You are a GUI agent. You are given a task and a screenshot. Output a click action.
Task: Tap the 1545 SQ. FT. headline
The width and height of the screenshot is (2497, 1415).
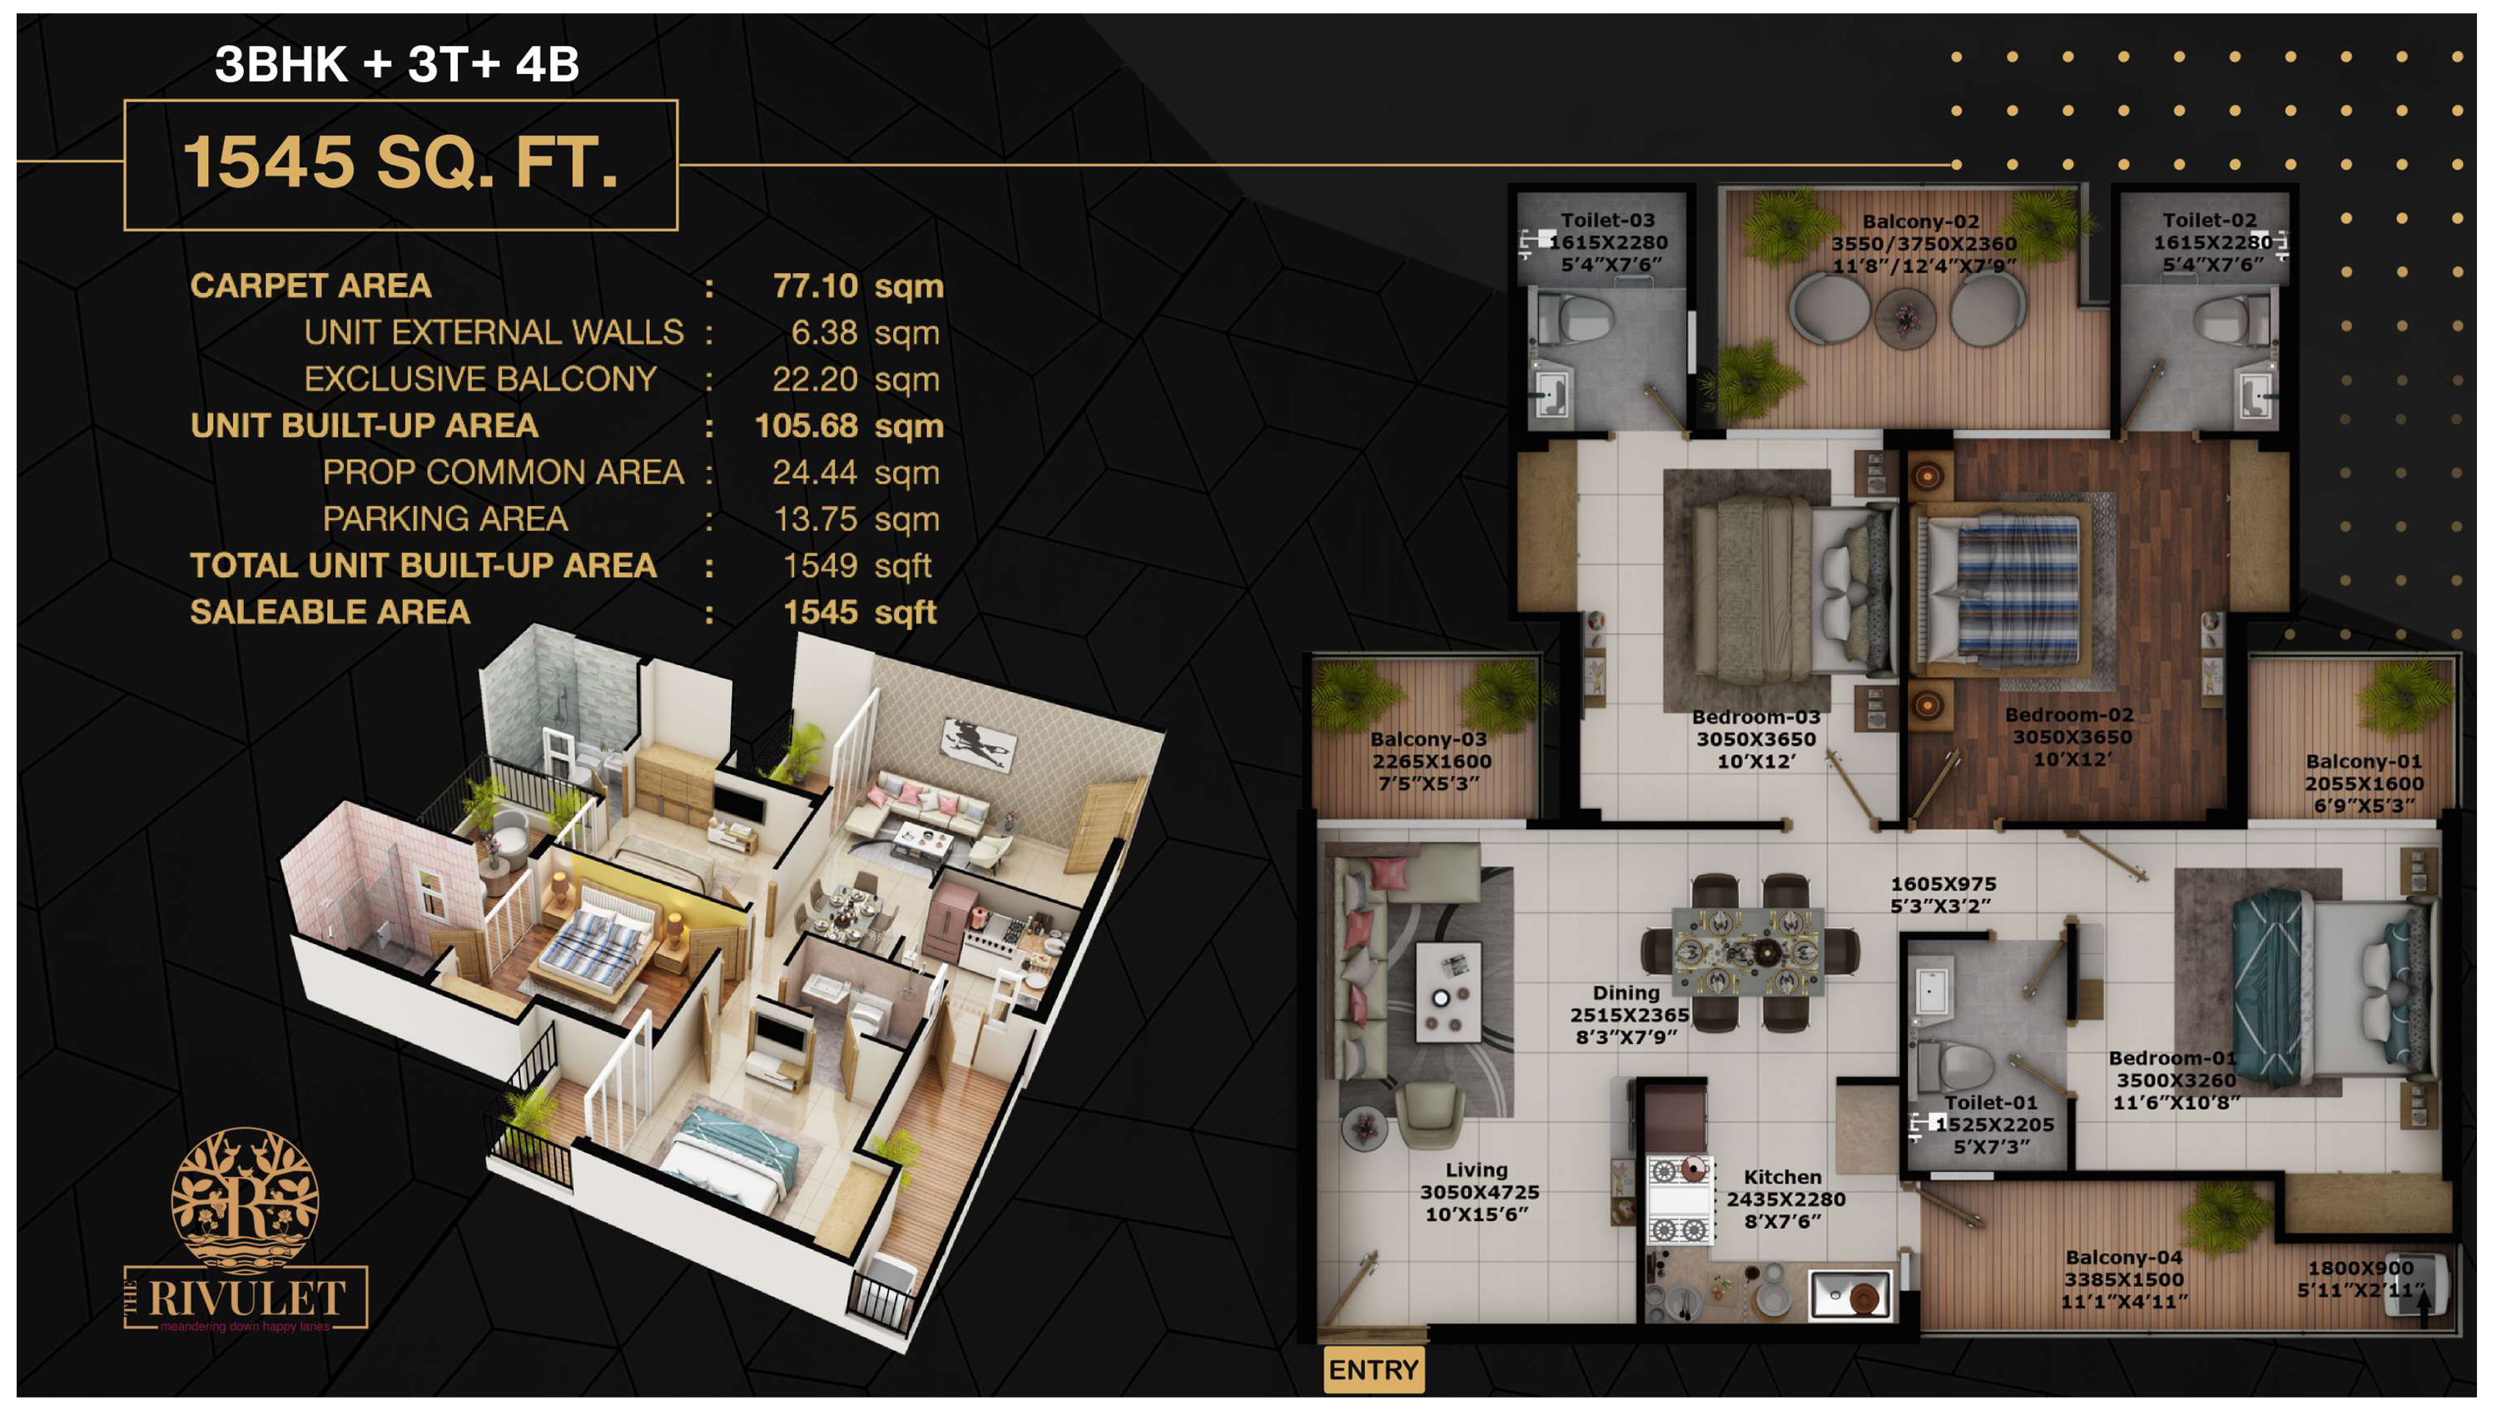[x=400, y=162]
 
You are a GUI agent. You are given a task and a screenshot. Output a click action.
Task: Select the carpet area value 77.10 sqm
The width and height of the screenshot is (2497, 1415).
[x=858, y=285]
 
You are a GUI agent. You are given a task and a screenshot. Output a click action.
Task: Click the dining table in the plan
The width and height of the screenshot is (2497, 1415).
[x=1748, y=951]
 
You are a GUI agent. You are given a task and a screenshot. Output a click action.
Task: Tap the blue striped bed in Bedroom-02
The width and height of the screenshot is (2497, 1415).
[x=2003, y=590]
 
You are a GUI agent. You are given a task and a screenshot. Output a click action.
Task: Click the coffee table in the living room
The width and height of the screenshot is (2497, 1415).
[x=1448, y=991]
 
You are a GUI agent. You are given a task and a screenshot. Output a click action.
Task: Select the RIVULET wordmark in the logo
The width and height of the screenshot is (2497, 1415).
[x=246, y=1298]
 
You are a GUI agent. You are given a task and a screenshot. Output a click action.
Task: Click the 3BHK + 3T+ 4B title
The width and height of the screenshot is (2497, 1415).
[x=396, y=64]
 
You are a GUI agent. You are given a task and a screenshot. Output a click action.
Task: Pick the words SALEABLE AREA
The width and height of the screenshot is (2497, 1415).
[x=330, y=613]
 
